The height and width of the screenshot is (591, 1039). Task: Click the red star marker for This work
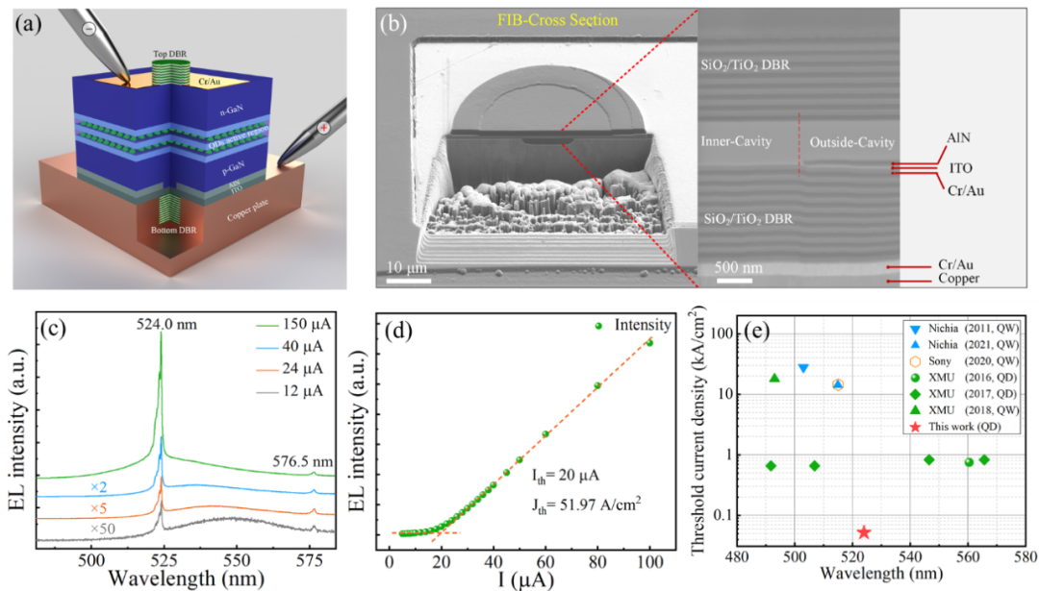(x=864, y=531)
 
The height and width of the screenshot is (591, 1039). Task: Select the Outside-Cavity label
(x=850, y=143)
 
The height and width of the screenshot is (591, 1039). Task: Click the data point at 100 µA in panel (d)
(x=649, y=342)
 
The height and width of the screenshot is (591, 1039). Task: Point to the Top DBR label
(x=170, y=54)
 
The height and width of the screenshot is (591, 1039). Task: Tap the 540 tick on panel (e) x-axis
(x=911, y=556)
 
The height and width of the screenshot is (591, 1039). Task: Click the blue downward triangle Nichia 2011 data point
(x=803, y=369)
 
